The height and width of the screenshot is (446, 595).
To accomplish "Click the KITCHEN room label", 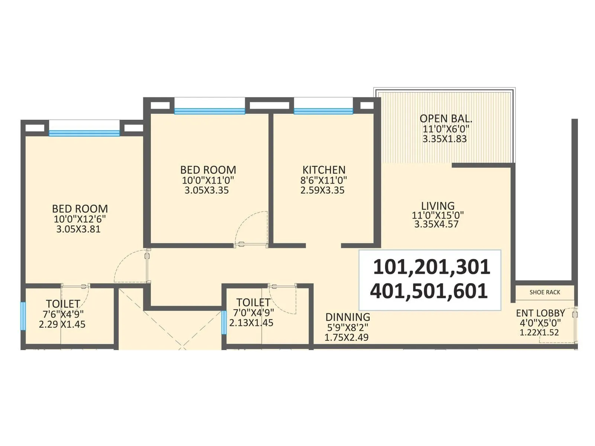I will [x=324, y=170].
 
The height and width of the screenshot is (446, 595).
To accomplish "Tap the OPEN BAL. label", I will [x=446, y=119].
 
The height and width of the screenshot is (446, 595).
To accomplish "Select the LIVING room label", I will [x=438, y=206].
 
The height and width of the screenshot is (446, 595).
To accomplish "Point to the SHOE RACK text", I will [x=545, y=292].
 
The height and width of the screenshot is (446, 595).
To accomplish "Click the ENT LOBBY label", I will [x=540, y=313].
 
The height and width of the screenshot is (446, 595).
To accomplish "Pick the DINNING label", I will [x=348, y=317].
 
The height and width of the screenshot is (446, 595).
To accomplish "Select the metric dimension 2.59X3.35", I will [x=322, y=190].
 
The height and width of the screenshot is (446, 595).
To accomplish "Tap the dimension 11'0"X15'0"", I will [x=438, y=215].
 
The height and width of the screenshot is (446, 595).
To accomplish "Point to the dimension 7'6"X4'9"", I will [x=63, y=314].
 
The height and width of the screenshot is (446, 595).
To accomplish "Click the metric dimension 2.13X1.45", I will [x=251, y=323].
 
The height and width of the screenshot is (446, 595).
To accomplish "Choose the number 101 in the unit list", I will [x=389, y=267].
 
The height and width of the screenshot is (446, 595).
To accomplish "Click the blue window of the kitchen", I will [x=323, y=111].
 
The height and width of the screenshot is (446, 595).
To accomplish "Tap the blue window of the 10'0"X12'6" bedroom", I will [x=84, y=133].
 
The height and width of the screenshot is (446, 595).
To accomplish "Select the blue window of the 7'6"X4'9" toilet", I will [x=23, y=316].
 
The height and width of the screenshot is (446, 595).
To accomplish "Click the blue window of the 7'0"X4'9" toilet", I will [x=224, y=322].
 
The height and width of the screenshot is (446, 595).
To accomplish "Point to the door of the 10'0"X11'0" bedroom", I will [x=251, y=245].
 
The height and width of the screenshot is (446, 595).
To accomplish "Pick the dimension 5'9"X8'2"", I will [x=347, y=327].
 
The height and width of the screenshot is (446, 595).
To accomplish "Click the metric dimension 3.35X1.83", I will [x=444, y=139].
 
